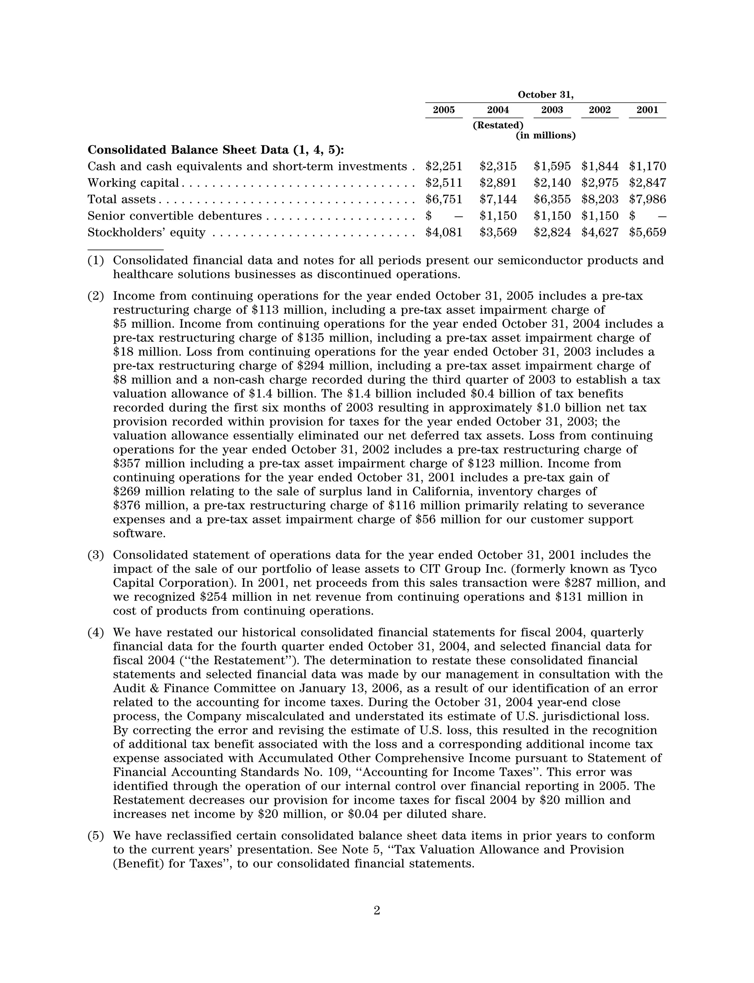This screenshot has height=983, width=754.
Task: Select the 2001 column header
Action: click(647, 110)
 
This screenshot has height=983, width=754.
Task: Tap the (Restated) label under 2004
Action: click(498, 125)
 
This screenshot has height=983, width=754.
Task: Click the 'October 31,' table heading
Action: click(545, 95)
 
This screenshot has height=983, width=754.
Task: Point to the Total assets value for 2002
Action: click(600, 199)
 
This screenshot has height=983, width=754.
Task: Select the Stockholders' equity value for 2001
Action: click(647, 232)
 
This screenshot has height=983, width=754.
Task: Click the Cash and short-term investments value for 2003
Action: click(552, 166)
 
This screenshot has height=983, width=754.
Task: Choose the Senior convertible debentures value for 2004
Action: click(498, 216)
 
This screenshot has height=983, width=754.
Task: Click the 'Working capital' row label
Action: click(133, 183)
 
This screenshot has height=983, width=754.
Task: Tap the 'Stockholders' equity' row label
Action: click(146, 232)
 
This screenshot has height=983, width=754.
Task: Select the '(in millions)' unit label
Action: click(545, 136)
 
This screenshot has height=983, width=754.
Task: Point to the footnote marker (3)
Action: click(96, 555)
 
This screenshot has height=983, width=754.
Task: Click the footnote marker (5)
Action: click(96, 836)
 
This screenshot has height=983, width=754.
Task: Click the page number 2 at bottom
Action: click(377, 911)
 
